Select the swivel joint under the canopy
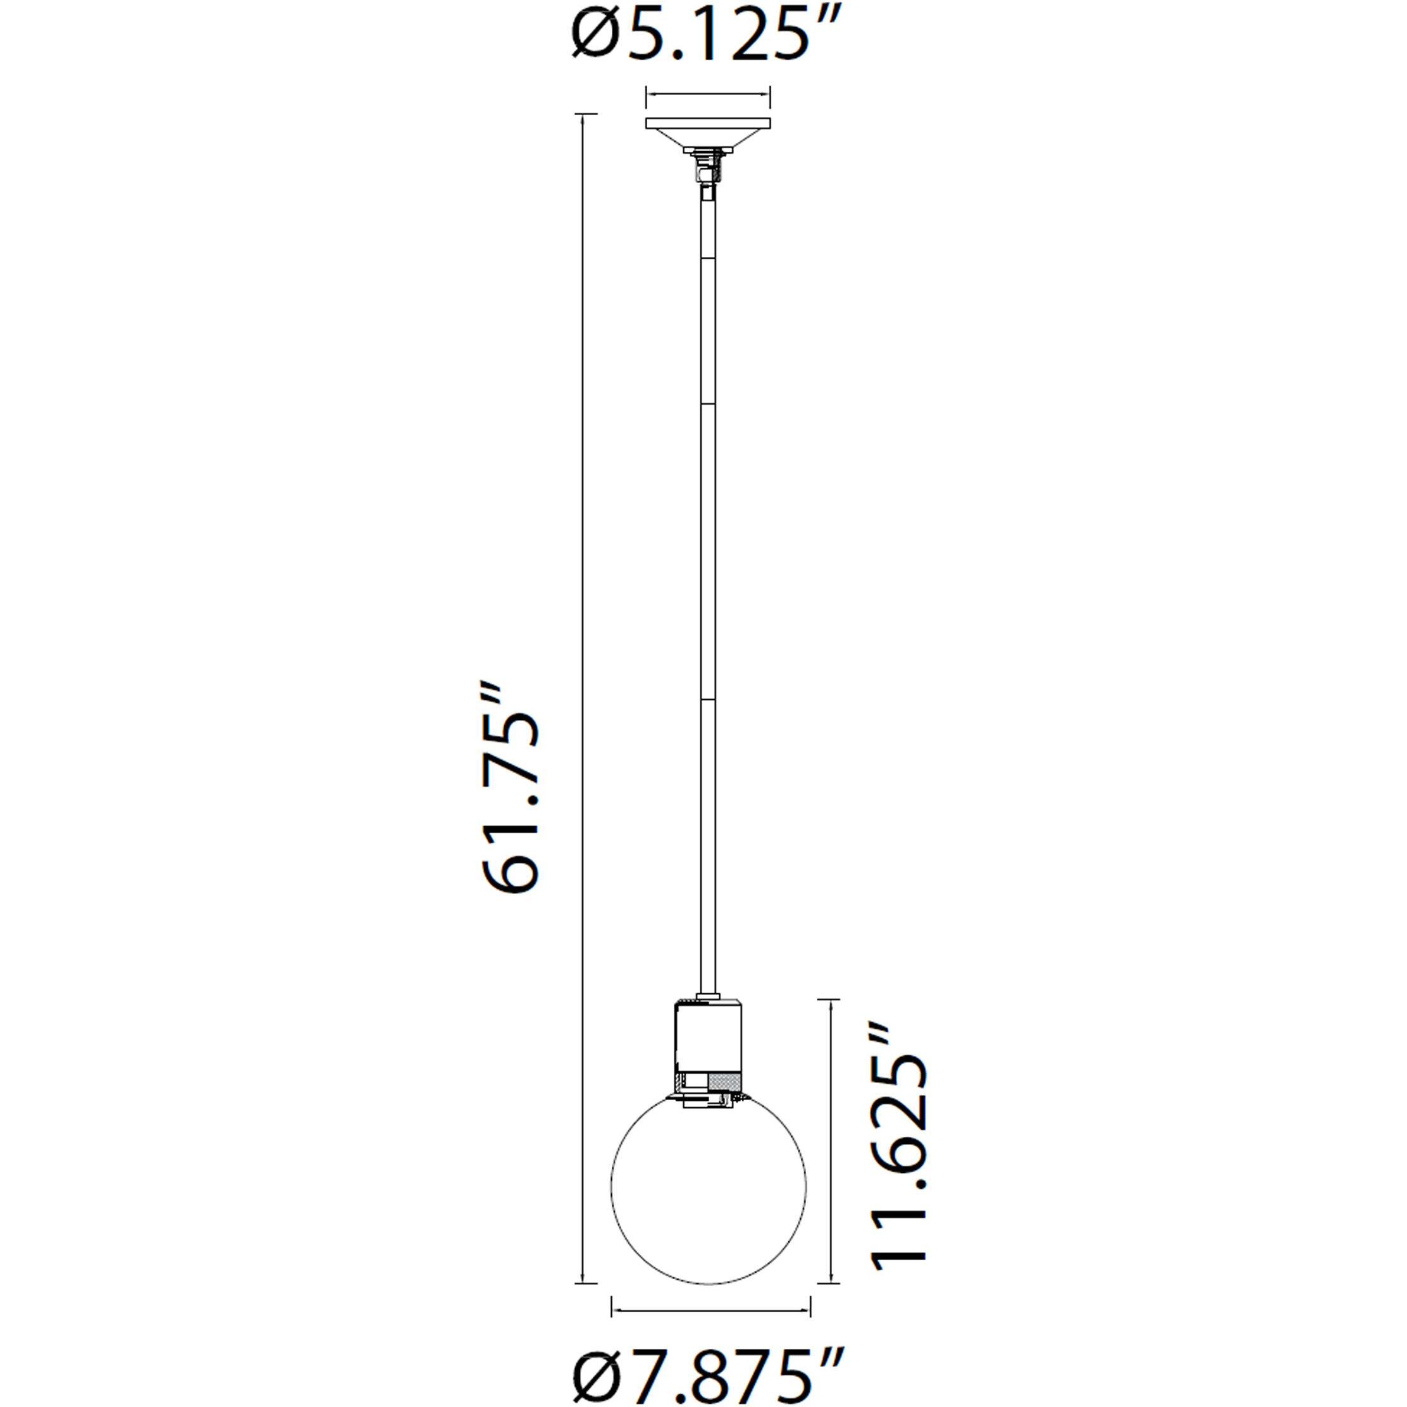[x=705, y=175]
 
